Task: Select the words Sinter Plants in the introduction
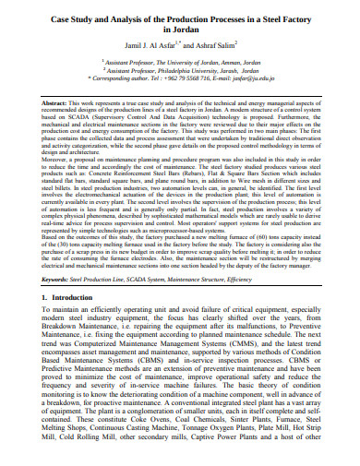click(244, 443)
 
